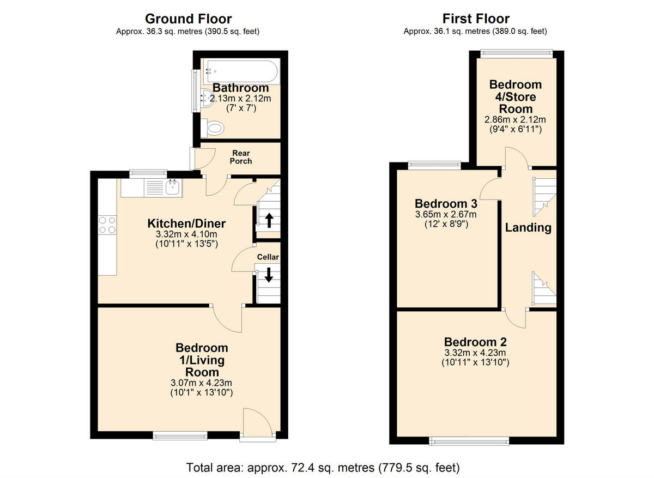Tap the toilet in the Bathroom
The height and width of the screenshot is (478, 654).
(214, 128)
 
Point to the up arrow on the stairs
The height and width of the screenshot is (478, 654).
(269, 220)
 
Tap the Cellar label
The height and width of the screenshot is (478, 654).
(268, 257)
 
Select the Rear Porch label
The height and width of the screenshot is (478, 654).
(241, 157)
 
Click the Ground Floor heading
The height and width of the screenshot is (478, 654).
(188, 20)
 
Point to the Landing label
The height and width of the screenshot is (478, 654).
(528, 228)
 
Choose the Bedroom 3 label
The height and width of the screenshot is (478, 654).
(446, 204)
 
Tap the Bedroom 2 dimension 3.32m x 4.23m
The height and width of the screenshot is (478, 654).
(475, 353)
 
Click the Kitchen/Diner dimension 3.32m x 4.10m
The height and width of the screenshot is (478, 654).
(186, 235)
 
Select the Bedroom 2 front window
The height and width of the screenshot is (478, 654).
(469, 440)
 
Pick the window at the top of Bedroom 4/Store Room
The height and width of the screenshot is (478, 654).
(516, 53)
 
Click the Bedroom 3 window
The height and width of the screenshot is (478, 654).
(434, 164)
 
